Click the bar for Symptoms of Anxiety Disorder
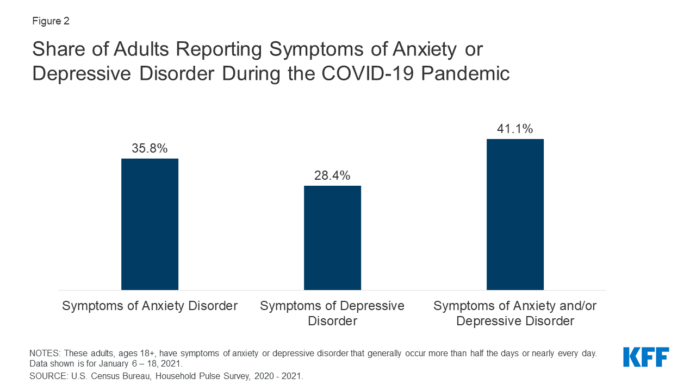pos(150,224)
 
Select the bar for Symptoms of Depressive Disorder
pos(332,237)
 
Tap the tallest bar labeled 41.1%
pos(515,214)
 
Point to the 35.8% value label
pos(150,148)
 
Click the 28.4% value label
pos(332,175)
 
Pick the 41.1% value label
pos(515,129)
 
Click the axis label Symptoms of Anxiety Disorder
pos(150,306)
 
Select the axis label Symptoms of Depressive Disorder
pos(332,313)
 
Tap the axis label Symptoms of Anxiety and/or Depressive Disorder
pos(515,313)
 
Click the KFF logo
pos(646,357)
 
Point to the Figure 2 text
pos(51,22)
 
